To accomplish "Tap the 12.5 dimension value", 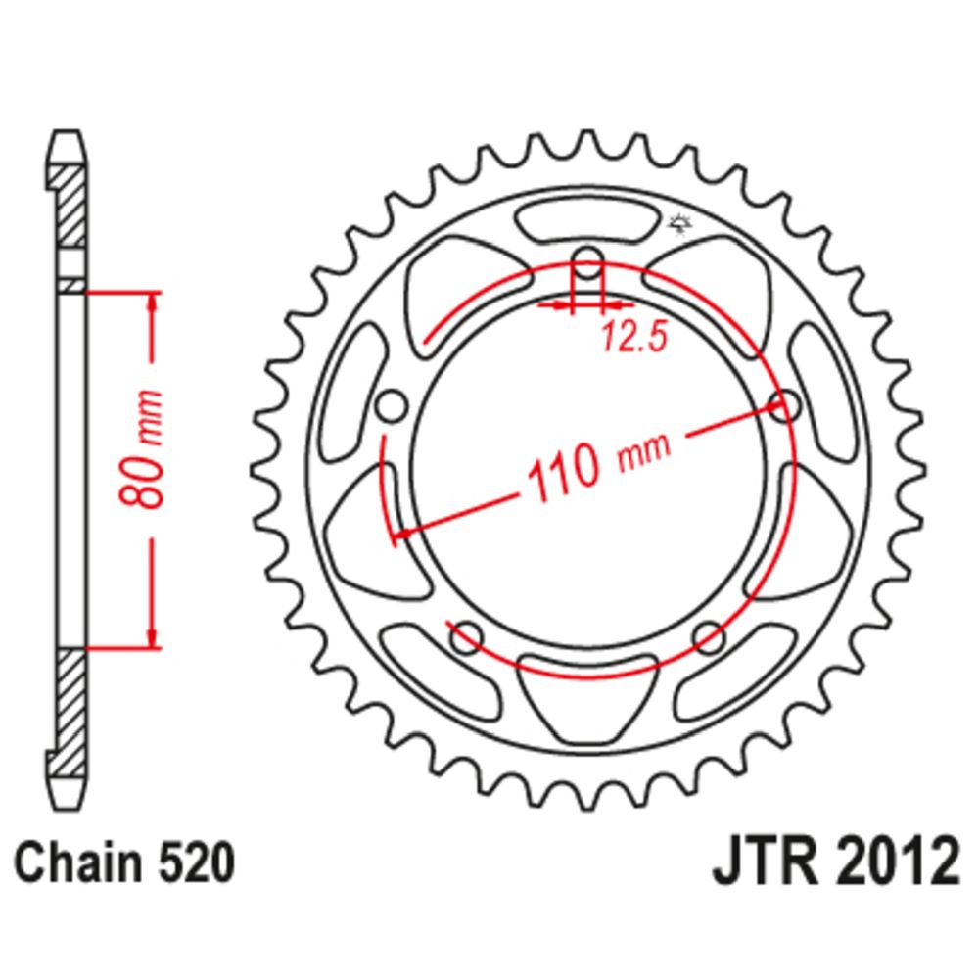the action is [x=634, y=337].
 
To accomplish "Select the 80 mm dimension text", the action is [x=142, y=449].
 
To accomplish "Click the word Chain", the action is [x=78, y=863].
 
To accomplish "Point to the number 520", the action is [x=197, y=863].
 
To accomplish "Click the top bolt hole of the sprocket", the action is [x=587, y=262].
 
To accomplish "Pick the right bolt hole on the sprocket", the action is [x=785, y=406].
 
